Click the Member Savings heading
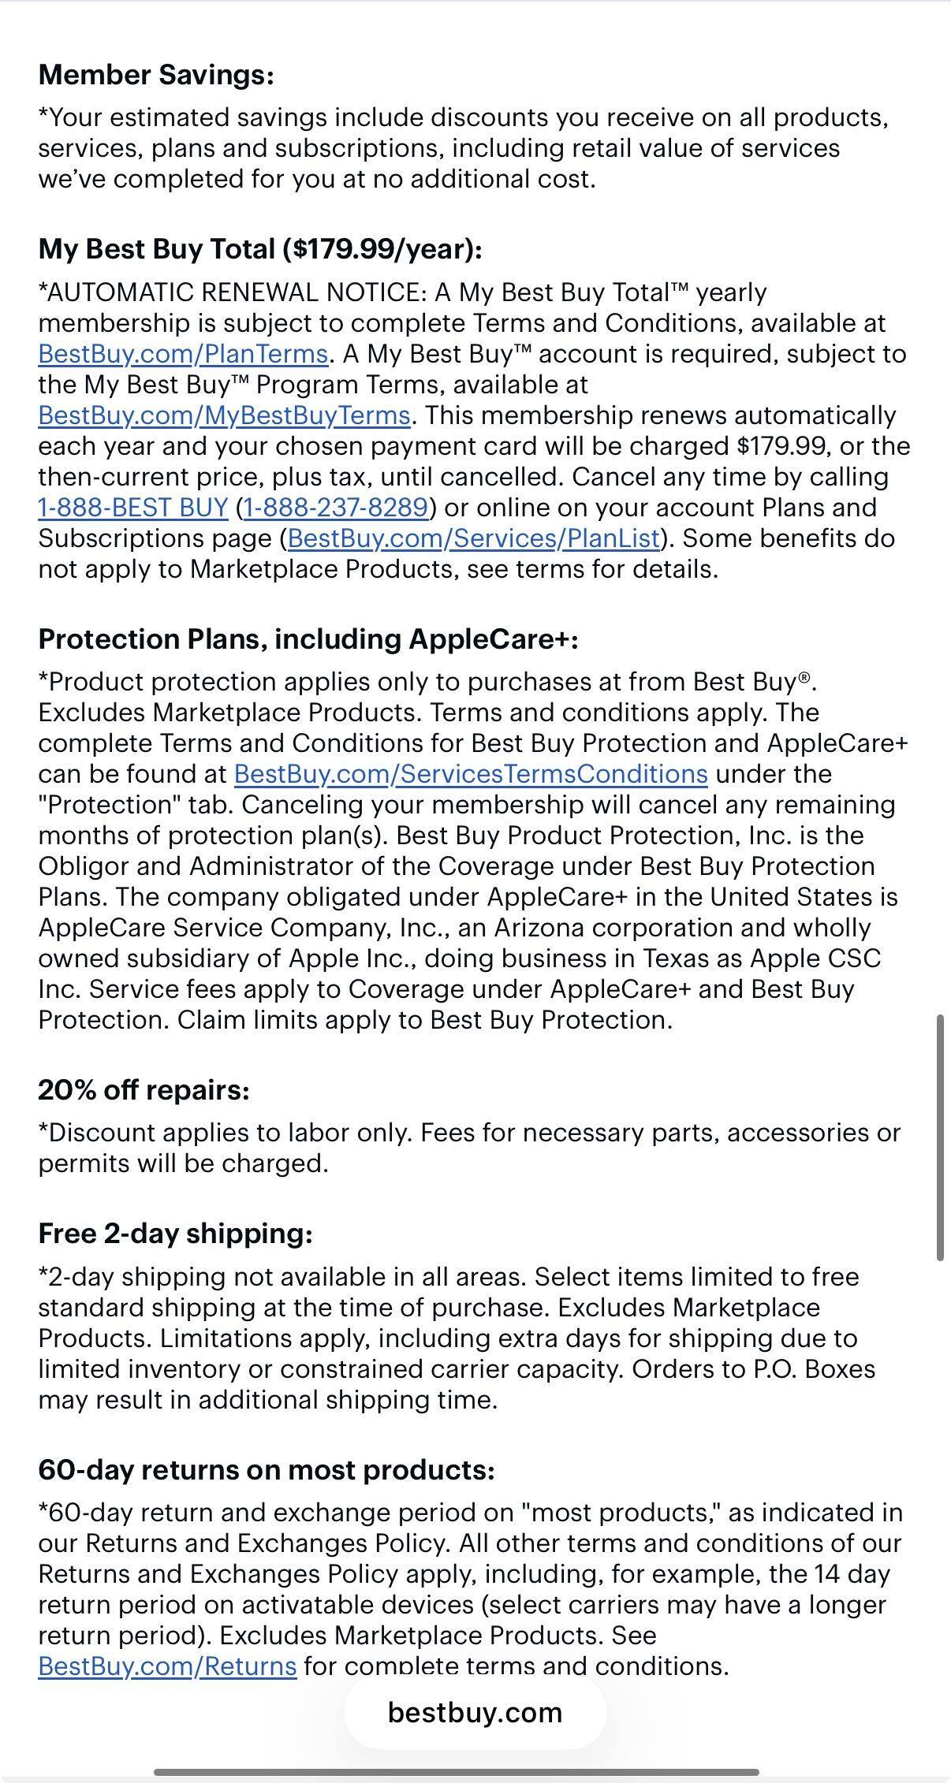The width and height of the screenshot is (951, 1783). coord(156,75)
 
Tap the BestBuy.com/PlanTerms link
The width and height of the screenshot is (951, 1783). coord(183,354)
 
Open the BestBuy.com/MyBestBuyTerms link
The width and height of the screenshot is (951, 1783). coord(224,415)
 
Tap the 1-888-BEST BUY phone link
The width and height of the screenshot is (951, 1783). coord(132,508)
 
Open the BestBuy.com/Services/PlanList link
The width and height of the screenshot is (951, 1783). coord(474,538)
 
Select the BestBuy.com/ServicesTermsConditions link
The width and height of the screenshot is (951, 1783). coord(471,774)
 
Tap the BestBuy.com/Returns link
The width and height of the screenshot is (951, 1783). coord(167,1666)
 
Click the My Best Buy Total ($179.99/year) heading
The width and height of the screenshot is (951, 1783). coord(260,249)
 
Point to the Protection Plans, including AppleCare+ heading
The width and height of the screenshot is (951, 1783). coord(308,639)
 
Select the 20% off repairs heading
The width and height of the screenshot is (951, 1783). coord(144,1090)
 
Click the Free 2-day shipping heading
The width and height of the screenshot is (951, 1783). coord(175,1234)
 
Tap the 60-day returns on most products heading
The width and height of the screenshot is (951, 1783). coord(267,1470)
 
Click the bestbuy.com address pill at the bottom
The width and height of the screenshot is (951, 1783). coord(475,1712)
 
